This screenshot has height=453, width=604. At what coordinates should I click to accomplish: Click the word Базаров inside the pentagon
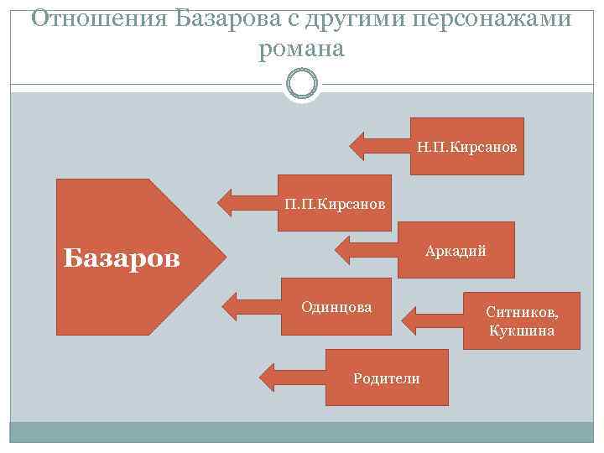122,258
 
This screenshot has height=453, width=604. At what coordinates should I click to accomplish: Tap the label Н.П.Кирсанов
466,147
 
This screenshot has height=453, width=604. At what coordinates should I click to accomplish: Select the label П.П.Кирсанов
335,204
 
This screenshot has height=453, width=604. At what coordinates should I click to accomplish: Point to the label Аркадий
456,251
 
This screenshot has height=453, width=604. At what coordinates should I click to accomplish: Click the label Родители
387,378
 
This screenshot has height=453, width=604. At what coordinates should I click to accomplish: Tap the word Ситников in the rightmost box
521,312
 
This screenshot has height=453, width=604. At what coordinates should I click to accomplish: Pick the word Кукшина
521,331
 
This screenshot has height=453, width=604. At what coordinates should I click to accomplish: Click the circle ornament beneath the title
302,85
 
